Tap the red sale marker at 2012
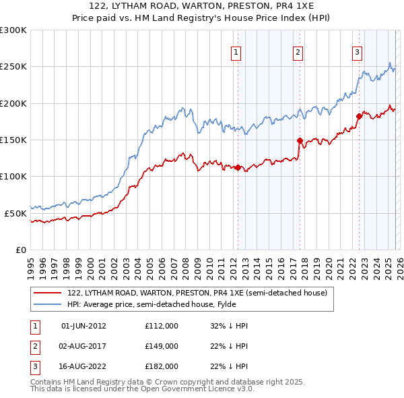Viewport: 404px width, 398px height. [238, 168]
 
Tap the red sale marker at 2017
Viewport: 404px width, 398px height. [299, 141]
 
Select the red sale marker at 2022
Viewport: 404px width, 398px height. [359, 117]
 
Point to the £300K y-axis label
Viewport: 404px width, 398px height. [13, 30]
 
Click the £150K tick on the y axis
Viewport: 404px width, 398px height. [13, 140]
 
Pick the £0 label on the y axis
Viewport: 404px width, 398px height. [20, 250]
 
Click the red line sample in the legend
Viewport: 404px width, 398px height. [48, 293]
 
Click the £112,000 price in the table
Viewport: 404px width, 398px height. [161, 326]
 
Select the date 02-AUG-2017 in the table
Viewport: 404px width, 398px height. [83, 346]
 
